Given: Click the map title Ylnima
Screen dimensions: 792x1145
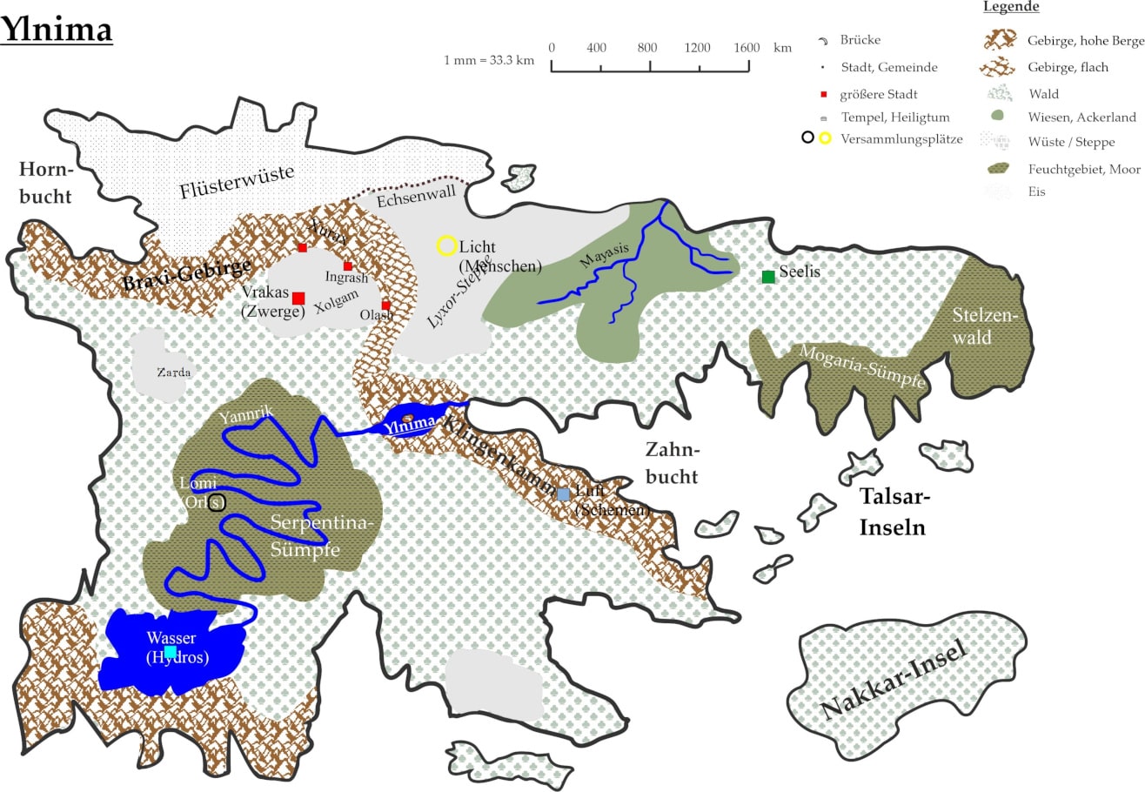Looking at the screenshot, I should click(57, 29).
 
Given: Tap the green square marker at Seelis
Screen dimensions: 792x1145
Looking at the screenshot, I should click(768, 277).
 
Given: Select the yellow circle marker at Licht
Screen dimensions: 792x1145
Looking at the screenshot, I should click(447, 245).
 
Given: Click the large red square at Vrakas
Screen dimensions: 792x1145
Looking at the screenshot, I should click(298, 299).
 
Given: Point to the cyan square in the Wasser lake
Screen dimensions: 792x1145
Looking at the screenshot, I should click(171, 651).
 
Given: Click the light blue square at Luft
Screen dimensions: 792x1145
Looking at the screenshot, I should click(564, 494).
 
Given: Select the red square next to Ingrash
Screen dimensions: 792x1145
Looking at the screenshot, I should click(347, 265).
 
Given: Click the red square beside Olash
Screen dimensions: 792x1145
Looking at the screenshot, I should click(385, 305).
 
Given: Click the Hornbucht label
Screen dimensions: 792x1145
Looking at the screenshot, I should click(45, 182).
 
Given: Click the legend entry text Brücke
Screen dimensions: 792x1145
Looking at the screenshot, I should click(860, 40).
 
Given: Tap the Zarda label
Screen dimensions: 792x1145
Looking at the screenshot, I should click(174, 373).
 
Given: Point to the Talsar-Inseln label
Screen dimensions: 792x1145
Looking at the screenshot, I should click(894, 512).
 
